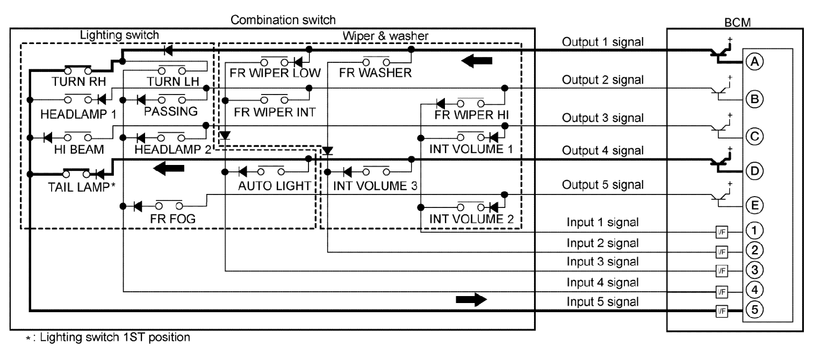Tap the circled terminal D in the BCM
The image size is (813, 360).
coord(754,171)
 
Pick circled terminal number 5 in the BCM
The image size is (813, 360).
coord(754,310)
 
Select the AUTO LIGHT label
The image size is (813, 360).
coord(275,186)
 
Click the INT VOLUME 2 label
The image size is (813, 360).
coord(471,219)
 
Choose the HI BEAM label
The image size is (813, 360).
coord(79,150)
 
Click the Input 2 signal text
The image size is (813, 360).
coord(602,242)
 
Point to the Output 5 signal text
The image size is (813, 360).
coord(602,184)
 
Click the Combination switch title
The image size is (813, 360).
coord(283,20)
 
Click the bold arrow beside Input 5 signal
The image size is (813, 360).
coord(470,300)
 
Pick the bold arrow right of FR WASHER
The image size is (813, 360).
coord(477,61)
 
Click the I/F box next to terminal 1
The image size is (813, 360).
coord(720,232)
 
